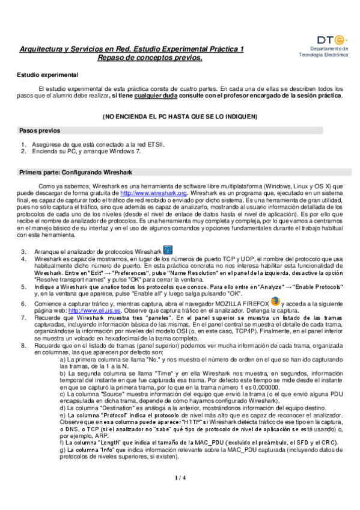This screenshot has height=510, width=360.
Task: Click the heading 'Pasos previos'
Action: [39, 130]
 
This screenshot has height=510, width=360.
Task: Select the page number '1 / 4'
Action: [180, 478]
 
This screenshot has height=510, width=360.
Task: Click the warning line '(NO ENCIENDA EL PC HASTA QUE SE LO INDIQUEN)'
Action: [180, 115]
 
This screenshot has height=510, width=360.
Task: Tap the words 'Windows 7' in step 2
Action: [129, 152]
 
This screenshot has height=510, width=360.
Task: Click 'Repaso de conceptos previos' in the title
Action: [150, 58]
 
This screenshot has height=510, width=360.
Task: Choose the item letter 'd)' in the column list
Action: [63, 407]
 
